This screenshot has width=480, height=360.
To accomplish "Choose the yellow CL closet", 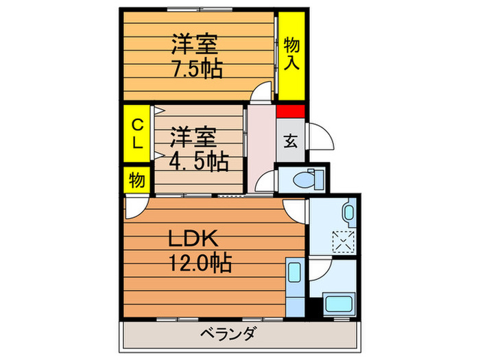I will (137, 134).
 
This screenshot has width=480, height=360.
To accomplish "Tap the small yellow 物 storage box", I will (136, 181).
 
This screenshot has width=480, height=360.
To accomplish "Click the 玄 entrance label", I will (290, 141).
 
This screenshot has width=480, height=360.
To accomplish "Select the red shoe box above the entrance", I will (290, 112).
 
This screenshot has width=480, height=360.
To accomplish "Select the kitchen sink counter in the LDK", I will (293, 288).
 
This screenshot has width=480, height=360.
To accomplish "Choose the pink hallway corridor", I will (260, 147).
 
